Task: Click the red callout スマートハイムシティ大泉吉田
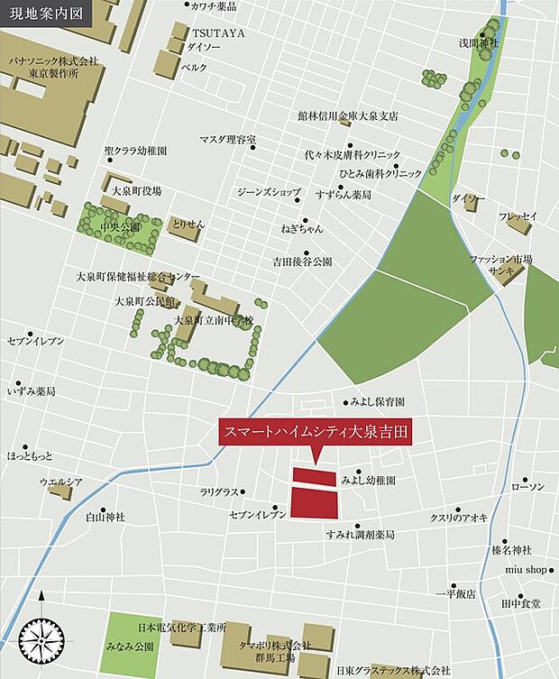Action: click(x=314, y=432)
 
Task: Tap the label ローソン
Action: click(x=528, y=487)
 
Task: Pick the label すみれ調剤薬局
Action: click(x=360, y=535)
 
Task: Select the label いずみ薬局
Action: click(x=32, y=391)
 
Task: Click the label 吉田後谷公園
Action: click(x=303, y=262)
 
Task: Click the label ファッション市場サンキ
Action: click(x=502, y=264)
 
